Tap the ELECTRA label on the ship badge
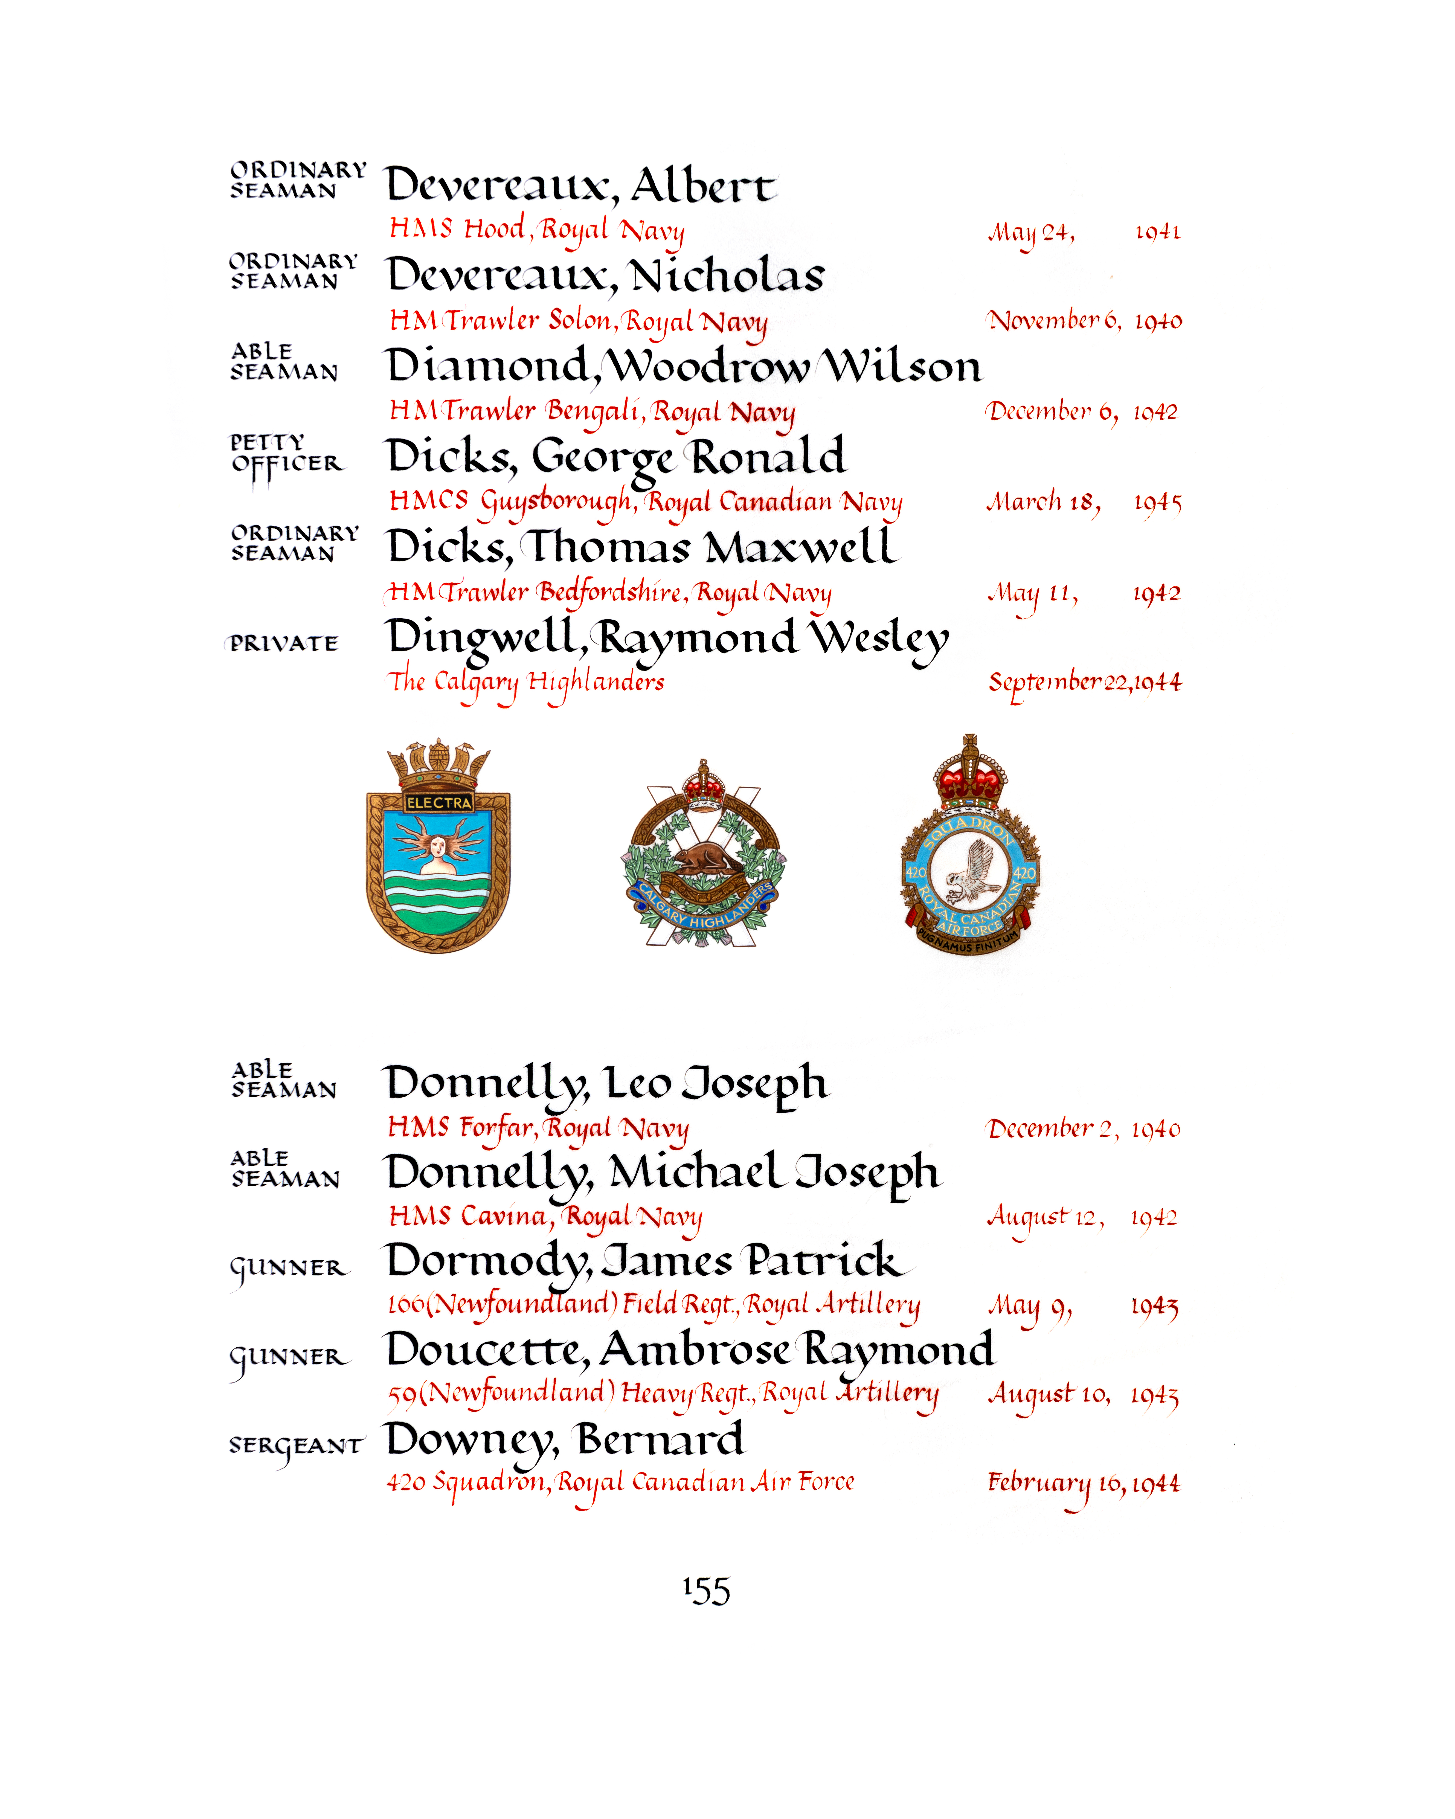[x=438, y=802]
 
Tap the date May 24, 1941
[x=1084, y=232]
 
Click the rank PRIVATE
[x=284, y=644]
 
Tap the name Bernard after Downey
[x=660, y=1439]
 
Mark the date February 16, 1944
[x=1084, y=1483]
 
